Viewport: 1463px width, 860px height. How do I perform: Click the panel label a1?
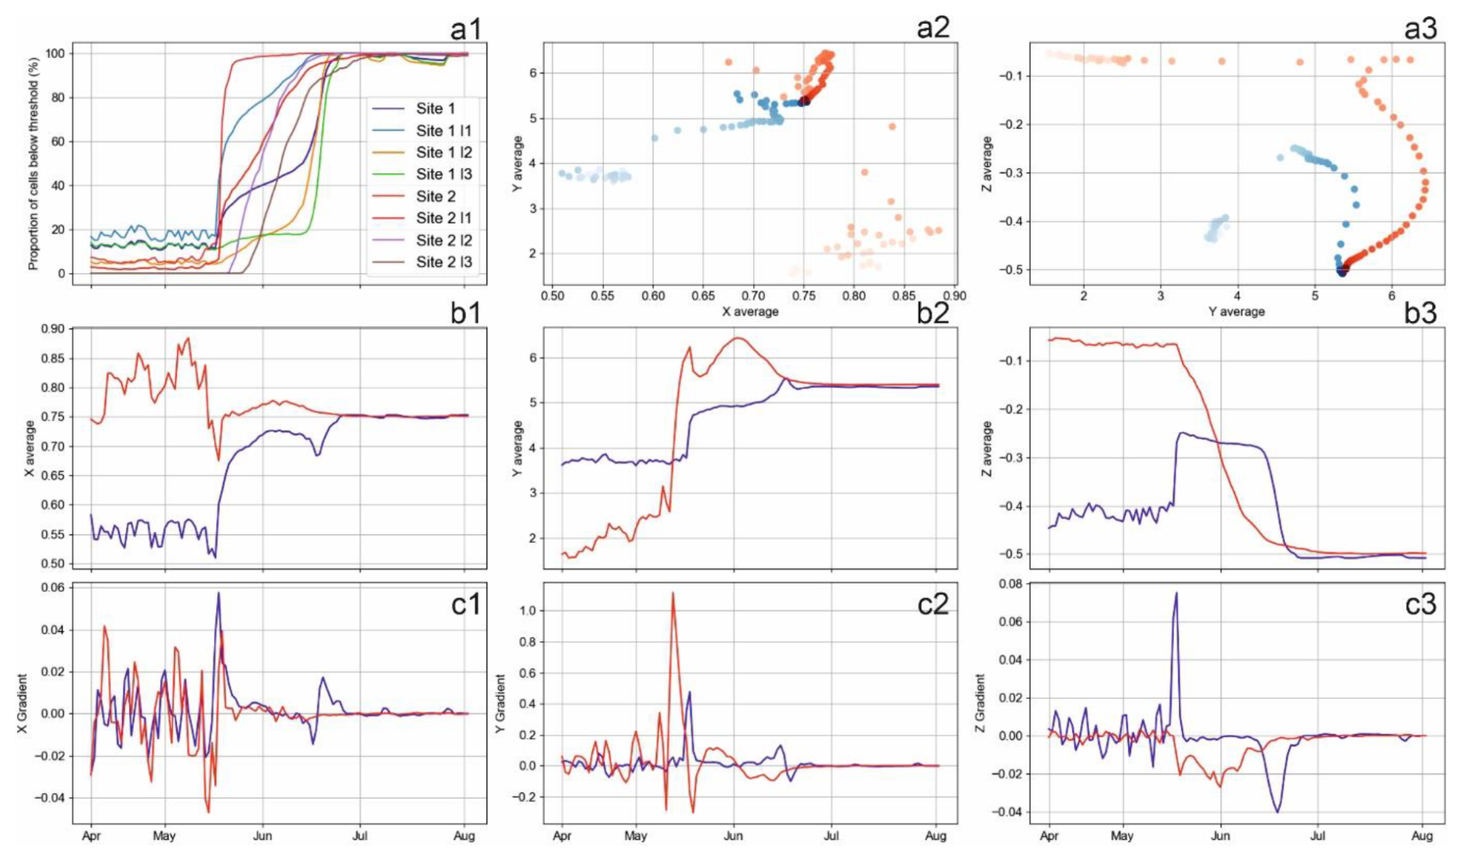[465, 29]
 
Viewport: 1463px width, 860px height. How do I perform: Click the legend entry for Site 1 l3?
[443, 174]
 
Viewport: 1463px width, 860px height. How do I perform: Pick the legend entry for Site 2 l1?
[443, 218]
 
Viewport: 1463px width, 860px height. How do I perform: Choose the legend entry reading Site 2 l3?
[443, 262]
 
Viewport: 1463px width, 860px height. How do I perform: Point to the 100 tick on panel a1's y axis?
[55, 53]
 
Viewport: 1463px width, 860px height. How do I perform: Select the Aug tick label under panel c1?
[464, 836]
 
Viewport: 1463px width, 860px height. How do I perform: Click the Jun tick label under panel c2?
[733, 836]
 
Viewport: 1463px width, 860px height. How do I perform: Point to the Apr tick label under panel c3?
[1049, 836]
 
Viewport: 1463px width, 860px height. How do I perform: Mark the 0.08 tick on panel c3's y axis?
[1011, 584]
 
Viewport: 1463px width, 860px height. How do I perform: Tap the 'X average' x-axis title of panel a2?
[750, 312]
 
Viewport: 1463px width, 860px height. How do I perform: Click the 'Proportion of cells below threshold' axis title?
[33, 163]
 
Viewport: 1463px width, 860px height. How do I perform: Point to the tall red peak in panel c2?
[673, 593]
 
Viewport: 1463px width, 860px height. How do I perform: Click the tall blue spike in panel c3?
[1176, 593]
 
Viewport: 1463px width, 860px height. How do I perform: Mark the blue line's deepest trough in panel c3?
[1277, 811]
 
